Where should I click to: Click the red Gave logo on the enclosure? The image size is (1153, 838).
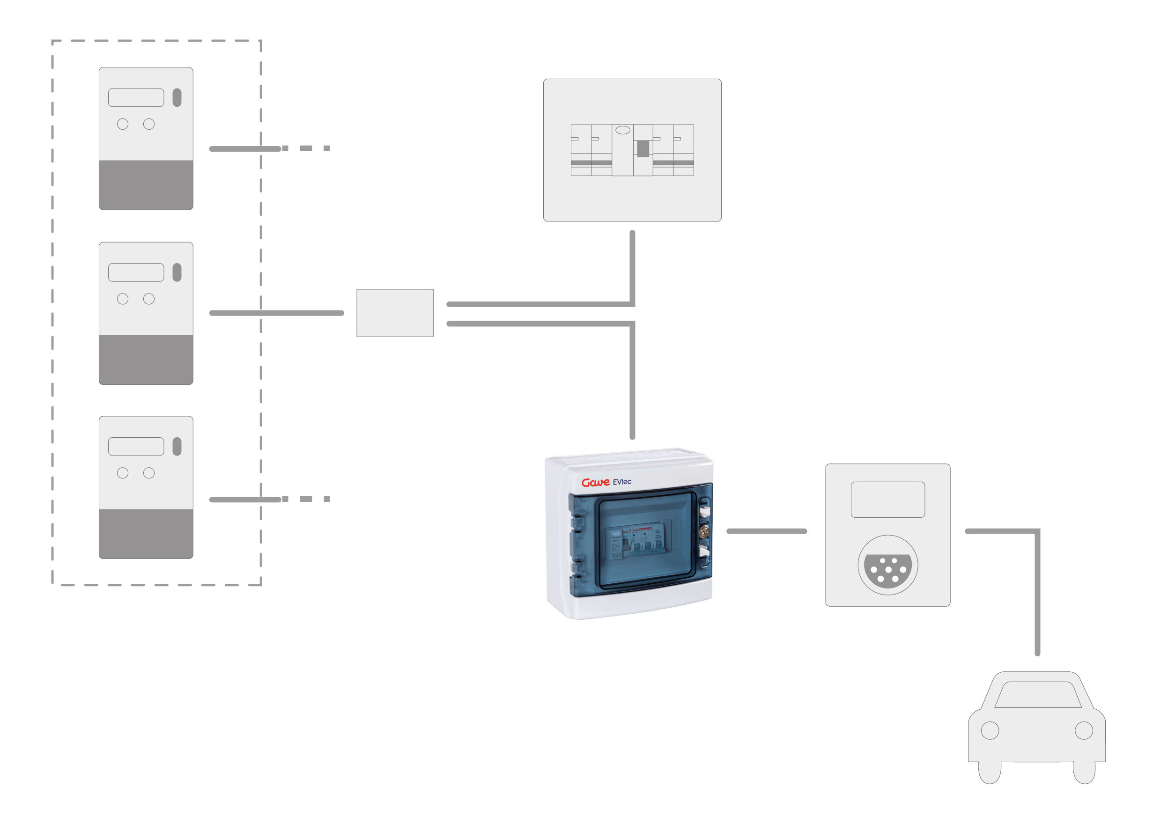tap(595, 482)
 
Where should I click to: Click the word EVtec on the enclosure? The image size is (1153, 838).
tap(622, 482)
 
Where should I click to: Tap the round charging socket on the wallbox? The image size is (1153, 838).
tap(887, 565)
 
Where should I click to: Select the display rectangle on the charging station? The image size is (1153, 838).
tap(887, 500)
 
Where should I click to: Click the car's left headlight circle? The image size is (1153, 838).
tap(990, 730)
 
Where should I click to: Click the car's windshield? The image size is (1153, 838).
tap(1038, 695)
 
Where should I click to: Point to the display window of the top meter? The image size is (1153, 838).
tap(136, 97)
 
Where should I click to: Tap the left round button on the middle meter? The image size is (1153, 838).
tap(123, 299)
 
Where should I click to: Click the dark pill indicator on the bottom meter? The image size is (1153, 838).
tap(177, 447)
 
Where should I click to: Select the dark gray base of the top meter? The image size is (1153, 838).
tap(146, 184)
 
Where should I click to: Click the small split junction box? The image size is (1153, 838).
tap(395, 313)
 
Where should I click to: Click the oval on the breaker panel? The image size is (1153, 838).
tap(623, 130)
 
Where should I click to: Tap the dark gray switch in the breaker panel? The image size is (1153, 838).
tap(643, 149)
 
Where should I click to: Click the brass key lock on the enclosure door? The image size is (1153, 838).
tap(703, 532)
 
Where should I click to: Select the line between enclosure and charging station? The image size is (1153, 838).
tap(767, 531)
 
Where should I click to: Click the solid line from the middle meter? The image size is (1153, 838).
tap(277, 313)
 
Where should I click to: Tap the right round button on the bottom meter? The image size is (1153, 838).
tap(149, 473)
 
